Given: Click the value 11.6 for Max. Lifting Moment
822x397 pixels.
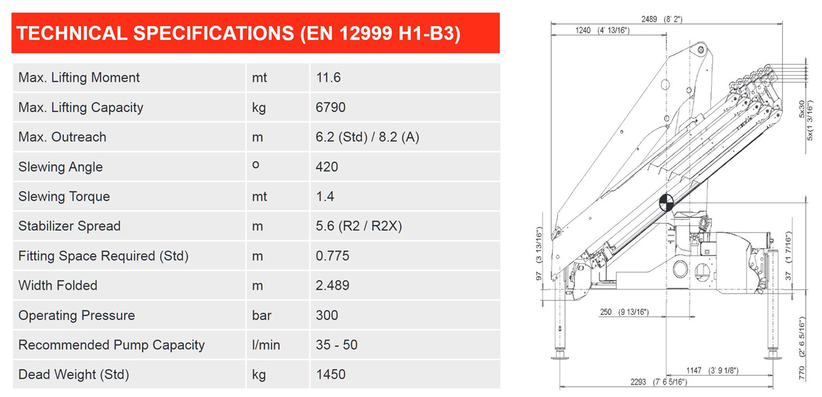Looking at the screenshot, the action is pos(328,78).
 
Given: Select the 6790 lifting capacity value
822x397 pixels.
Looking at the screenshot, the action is pos(331,107).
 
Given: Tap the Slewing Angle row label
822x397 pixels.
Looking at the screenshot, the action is pos(60,167).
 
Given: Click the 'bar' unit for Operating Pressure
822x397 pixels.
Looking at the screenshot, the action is pos(262,316).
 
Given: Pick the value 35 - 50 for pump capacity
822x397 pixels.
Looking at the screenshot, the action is pos(336,345).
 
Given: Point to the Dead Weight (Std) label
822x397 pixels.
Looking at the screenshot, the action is pos(74,374).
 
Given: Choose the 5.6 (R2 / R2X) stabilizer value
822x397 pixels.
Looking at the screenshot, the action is pos(359,226).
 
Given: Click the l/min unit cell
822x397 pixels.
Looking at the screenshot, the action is pos(266,345).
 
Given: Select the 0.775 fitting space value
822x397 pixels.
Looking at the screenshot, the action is pos(332,256).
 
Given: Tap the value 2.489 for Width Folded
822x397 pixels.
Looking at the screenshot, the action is pos(332,285).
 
